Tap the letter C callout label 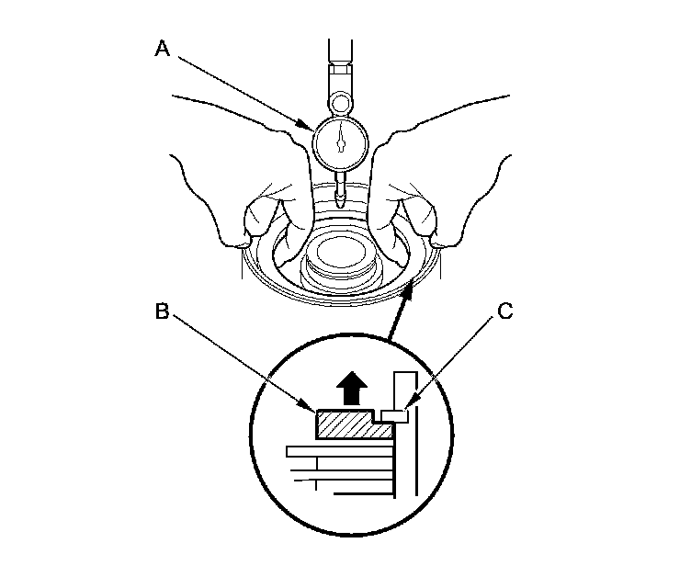pyautogui.click(x=504, y=311)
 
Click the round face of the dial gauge pyautogui.click(x=341, y=141)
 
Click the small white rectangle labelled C pyautogui.click(x=396, y=415)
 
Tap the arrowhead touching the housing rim pyautogui.click(x=409, y=288)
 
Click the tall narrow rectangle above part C pyautogui.click(x=402, y=390)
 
